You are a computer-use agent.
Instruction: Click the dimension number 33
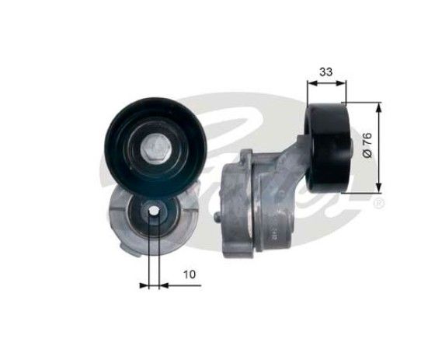325,72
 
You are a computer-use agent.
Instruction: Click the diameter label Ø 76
367,145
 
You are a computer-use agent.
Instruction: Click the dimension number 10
190,274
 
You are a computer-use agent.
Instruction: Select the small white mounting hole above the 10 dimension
154,211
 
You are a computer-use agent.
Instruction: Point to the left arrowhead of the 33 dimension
312,82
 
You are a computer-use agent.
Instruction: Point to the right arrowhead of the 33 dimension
341,82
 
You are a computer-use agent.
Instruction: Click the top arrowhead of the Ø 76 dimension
379,108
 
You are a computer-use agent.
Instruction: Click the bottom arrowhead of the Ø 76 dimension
379,187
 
